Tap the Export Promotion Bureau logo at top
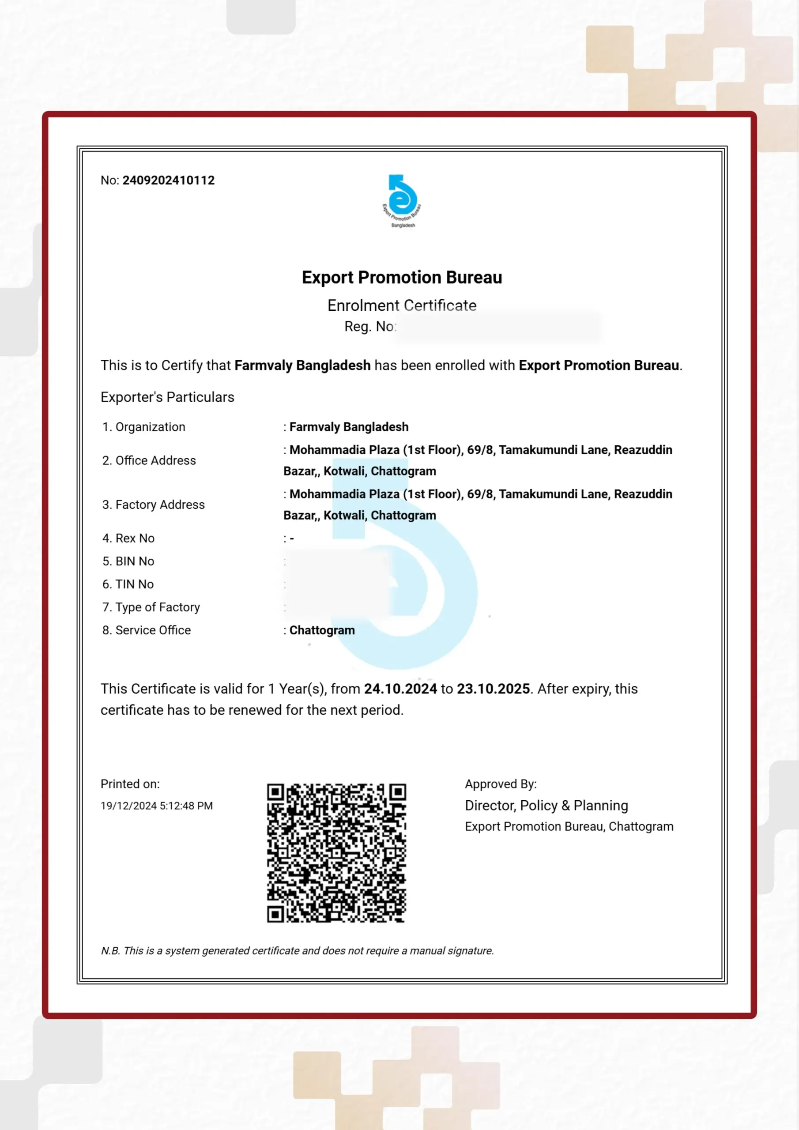pyautogui.click(x=402, y=201)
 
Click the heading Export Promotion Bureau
pyautogui.click(x=402, y=278)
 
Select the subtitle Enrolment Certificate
pyautogui.click(x=402, y=305)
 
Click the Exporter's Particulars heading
pyautogui.click(x=167, y=397)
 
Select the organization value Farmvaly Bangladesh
pyautogui.click(x=349, y=427)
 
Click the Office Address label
pyautogui.click(x=155, y=460)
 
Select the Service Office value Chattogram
pyautogui.click(x=322, y=630)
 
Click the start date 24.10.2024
pyautogui.click(x=400, y=689)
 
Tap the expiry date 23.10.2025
pyautogui.click(x=493, y=689)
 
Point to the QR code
pyautogui.click(x=337, y=853)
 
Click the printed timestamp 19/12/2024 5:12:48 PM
pyautogui.click(x=157, y=806)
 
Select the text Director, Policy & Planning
pyautogui.click(x=546, y=805)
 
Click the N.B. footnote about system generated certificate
pyautogui.click(x=298, y=950)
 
